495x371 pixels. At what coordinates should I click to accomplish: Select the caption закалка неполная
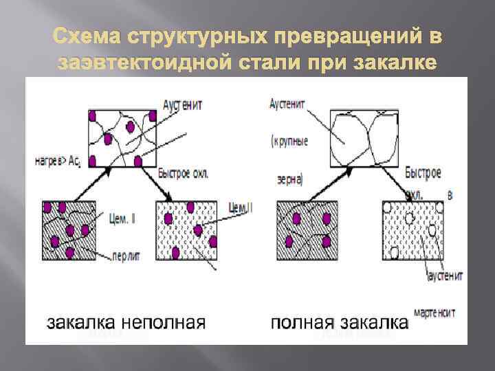pyautogui.click(x=126, y=322)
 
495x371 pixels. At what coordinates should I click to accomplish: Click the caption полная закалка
pyautogui.click(x=339, y=322)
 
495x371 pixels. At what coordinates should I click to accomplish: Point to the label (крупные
pyautogui.click(x=289, y=142)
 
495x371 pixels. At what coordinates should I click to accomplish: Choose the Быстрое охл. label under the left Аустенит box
pyautogui.click(x=184, y=173)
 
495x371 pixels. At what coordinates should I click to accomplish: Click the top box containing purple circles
pyautogui.click(x=123, y=137)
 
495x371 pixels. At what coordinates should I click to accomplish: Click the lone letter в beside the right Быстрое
pyautogui.click(x=450, y=195)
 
